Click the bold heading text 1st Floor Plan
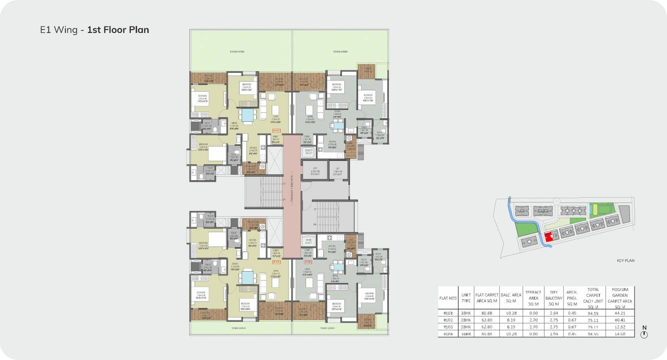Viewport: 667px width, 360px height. point(118,30)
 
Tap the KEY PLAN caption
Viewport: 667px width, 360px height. point(626,261)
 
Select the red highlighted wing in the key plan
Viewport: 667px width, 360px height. point(549,237)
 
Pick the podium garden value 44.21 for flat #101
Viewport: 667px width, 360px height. point(620,314)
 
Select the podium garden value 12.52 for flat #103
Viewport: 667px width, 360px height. point(620,327)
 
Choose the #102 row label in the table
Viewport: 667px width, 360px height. point(447,320)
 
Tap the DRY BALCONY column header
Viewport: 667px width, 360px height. point(553,298)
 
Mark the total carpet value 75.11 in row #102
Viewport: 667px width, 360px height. point(593,320)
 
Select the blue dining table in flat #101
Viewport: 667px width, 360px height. point(247,116)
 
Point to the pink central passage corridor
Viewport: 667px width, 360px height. point(292,195)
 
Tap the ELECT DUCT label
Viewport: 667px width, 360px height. point(308,152)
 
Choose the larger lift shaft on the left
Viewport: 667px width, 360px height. point(315,171)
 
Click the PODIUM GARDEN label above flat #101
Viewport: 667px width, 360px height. point(237,51)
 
